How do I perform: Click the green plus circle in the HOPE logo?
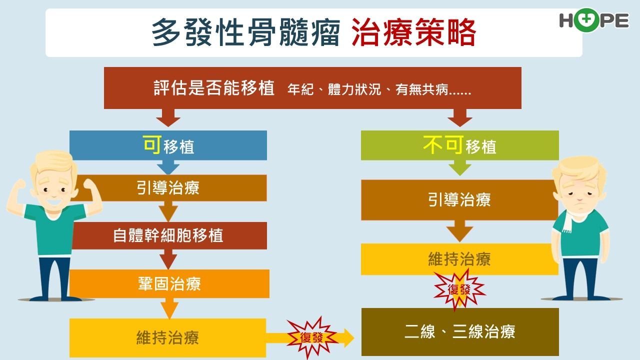point(585,20)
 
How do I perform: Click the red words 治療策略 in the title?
point(413,32)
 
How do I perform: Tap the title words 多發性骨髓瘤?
point(245,32)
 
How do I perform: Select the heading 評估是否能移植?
point(214,87)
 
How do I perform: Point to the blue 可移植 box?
point(168,145)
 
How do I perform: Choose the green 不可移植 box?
point(460,145)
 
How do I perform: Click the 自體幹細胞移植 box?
point(169,235)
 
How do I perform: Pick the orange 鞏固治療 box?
point(169,283)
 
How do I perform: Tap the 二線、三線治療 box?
point(460,331)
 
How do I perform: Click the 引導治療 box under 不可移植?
point(459,199)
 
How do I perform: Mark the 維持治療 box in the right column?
point(459,259)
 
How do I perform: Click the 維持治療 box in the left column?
point(168,337)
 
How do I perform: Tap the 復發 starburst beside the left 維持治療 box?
point(311,337)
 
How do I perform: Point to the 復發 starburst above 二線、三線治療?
point(459,289)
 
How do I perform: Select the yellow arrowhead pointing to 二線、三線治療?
point(349,337)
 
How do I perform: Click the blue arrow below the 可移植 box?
point(168,167)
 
